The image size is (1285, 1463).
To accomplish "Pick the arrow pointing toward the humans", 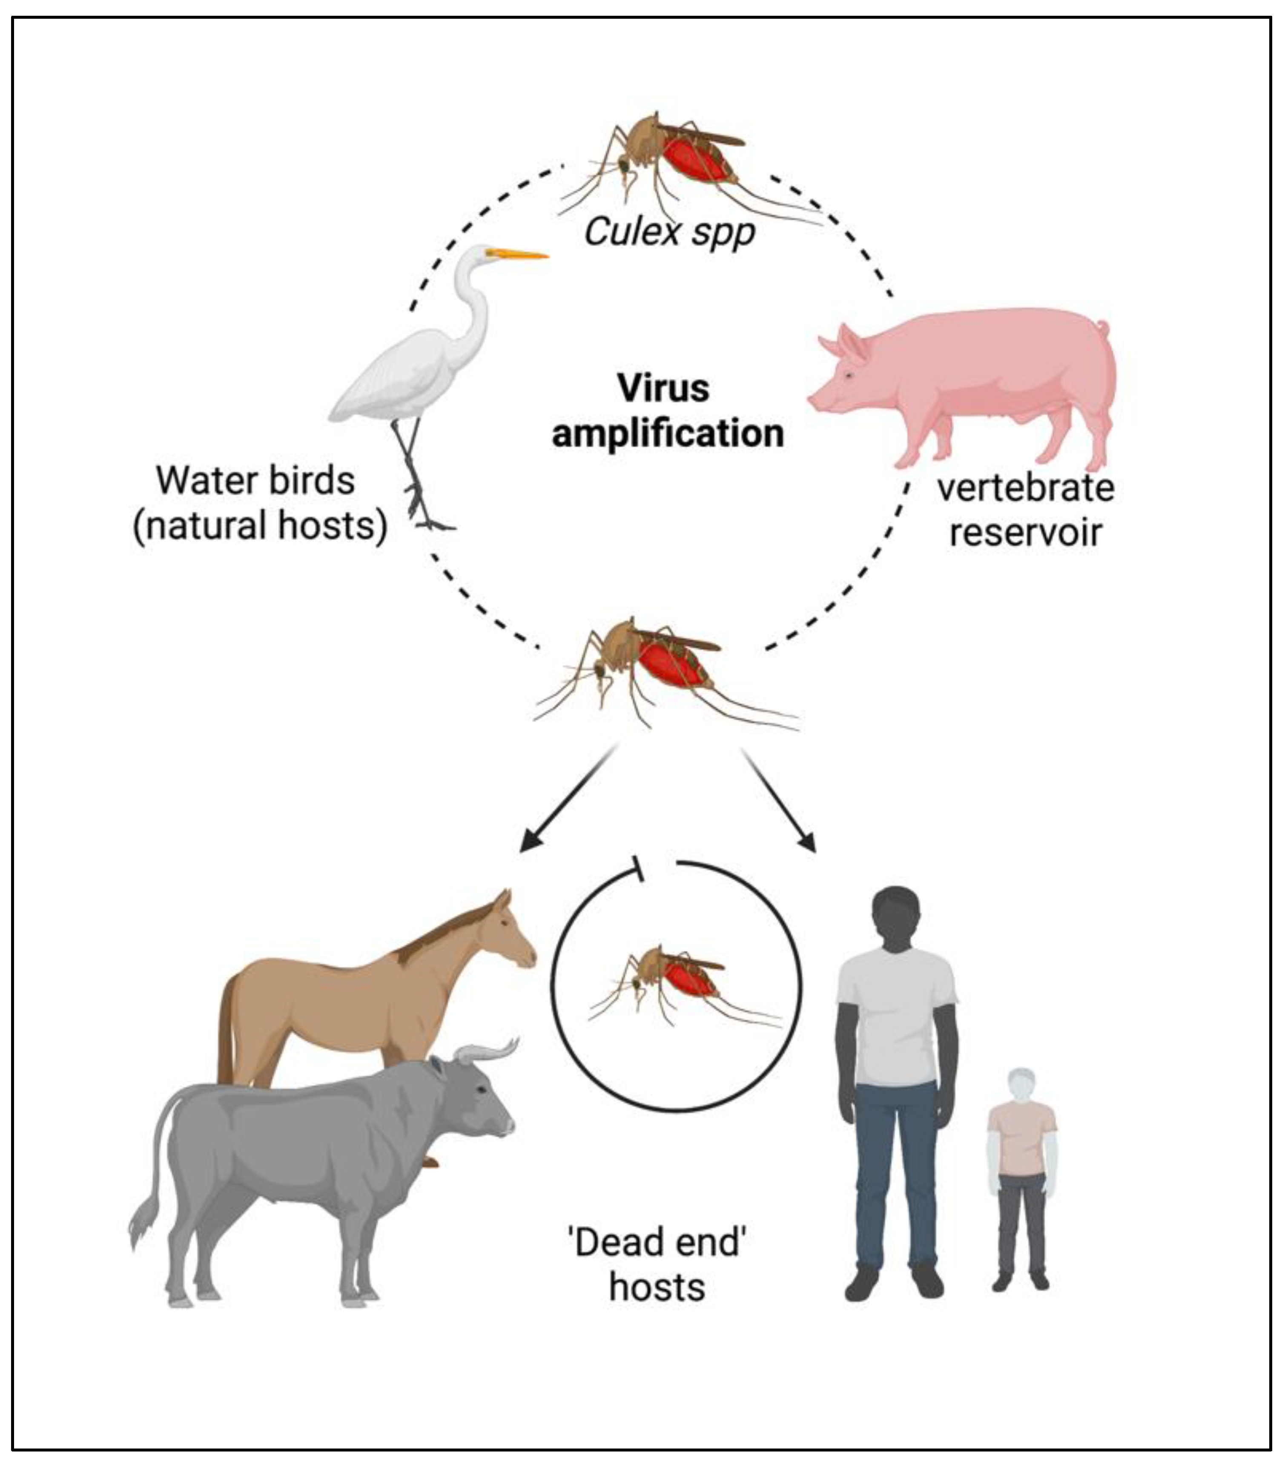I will pos(780,802).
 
